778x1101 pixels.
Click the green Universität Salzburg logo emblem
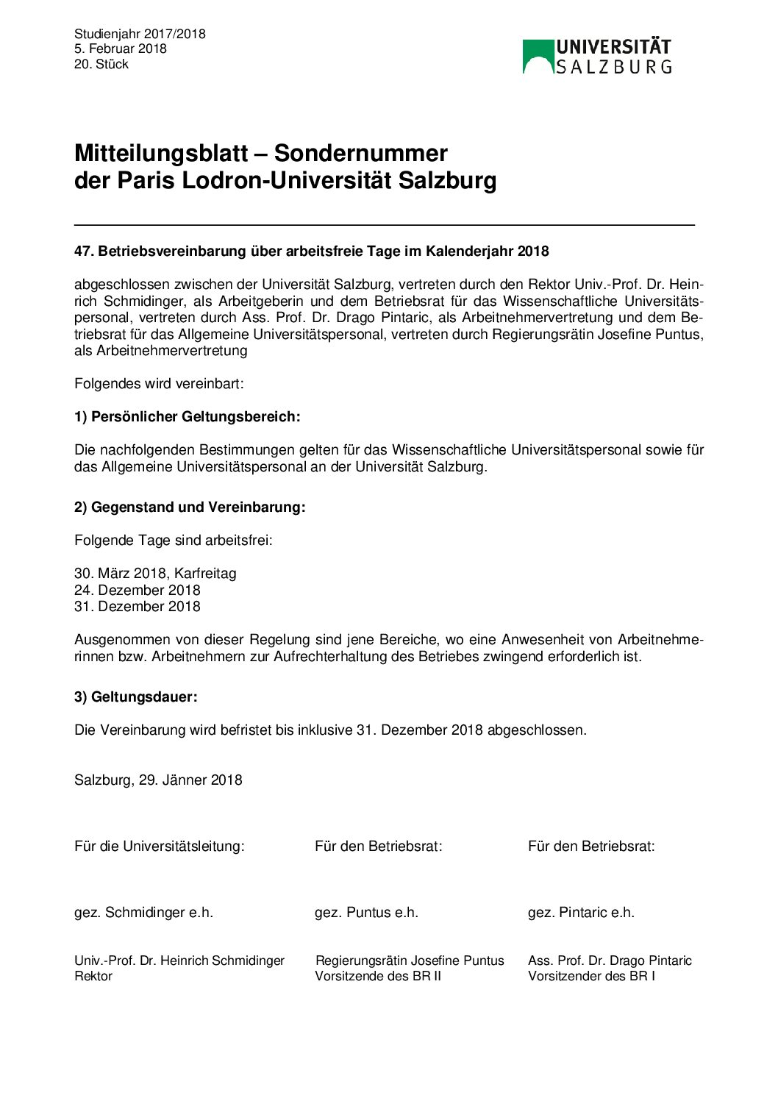pos(538,57)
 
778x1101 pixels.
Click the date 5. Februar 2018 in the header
pos(120,49)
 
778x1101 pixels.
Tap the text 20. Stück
pos(101,64)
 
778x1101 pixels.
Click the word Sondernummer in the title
pos(360,153)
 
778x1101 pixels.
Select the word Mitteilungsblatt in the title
pos(161,153)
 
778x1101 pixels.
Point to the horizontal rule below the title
pos(384,224)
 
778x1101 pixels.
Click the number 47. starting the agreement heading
pos(84,252)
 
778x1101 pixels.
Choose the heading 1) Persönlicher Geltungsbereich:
pos(187,417)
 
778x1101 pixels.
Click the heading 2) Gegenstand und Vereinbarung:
pos(190,507)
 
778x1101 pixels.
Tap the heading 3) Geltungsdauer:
pos(136,697)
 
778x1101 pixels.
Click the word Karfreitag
pos(205,574)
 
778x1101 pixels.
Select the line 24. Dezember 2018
pos(137,591)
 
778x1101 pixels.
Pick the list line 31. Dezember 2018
pos(137,607)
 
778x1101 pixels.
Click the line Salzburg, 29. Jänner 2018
pos(158,780)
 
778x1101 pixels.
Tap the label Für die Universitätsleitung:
pos(159,847)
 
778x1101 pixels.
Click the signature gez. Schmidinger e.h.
pos(143,913)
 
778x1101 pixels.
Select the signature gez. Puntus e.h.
pos(366,913)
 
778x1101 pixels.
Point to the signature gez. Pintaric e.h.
pos(581,913)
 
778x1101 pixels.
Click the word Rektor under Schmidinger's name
pos(93,977)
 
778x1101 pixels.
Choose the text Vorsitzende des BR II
pos(378,977)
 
